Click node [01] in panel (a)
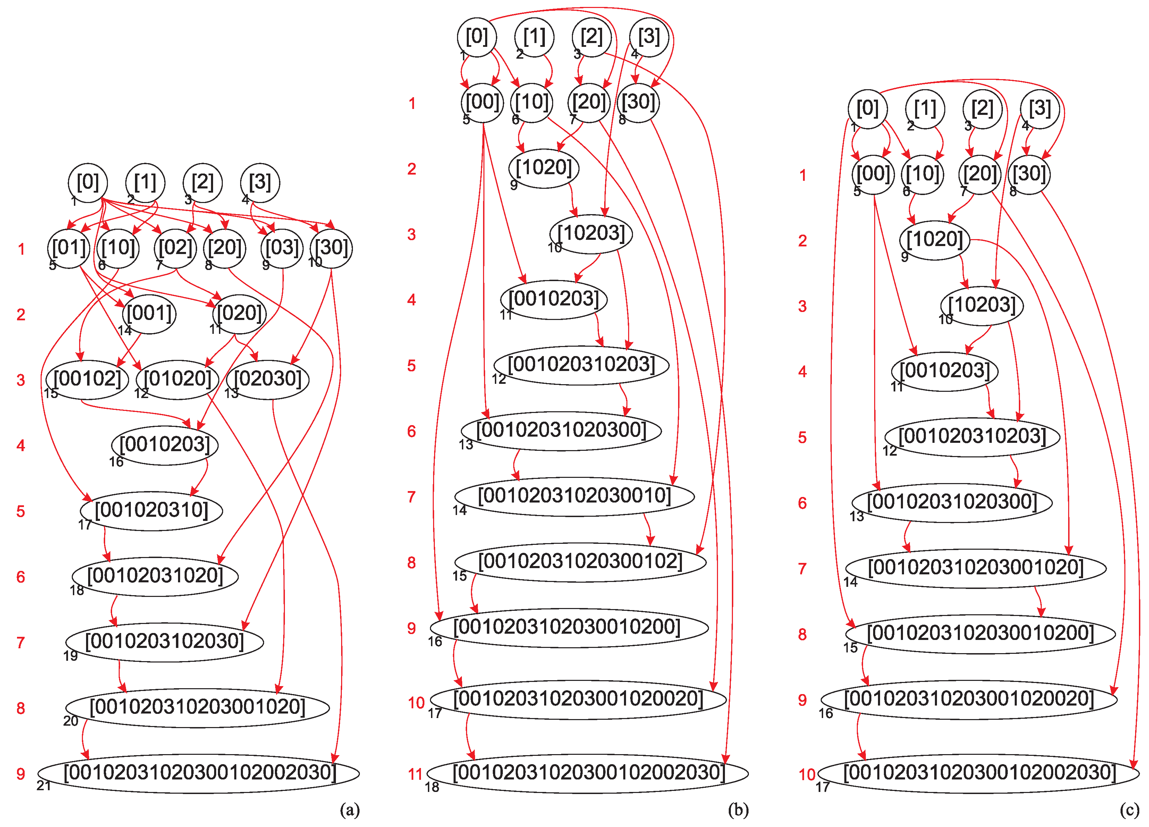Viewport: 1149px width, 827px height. [69, 248]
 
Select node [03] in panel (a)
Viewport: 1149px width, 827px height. [282, 248]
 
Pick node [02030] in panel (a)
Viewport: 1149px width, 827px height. [268, 379]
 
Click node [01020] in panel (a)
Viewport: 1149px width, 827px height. [177, 379]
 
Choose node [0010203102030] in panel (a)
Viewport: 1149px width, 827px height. [164, 642]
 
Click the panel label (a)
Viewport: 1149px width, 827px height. [349, 810]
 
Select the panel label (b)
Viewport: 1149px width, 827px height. [738, 810]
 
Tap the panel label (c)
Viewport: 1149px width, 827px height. [1129, 810]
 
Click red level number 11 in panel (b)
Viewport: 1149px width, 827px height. [415, 774]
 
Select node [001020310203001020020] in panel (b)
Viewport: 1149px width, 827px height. [578, 699]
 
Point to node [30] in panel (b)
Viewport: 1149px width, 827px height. [638, 103]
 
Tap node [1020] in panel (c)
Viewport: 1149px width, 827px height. [934, 240]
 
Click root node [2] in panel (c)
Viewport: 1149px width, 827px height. [982, 108]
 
